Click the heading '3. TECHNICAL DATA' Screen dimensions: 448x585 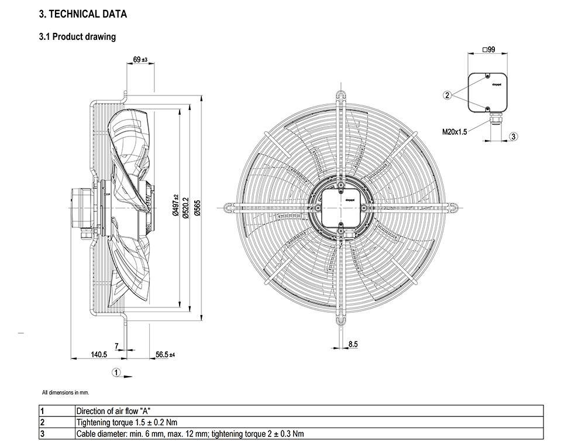click(x=82, y=13)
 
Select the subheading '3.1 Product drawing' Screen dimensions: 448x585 click(x=77, y=37)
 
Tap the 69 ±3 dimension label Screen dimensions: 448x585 click(x=140, y=60)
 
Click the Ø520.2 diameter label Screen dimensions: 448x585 click(x=185, y=208)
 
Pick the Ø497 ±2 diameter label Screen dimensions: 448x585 click(x=175, y=206)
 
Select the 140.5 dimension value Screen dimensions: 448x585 click(x=98, y=354)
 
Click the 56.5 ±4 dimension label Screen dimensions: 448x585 click(x=166, y=354)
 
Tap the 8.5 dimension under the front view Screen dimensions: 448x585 click(x=352, y=344)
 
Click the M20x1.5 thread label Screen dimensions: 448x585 click(x=455, y=132)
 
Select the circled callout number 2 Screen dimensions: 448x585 click(x=447, y=94)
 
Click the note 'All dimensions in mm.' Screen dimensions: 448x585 click(x=66, y=392)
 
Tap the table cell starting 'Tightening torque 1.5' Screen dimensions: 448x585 click(x=127, y=422)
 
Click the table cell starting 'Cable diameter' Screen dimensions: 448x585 click(x=190, y=434)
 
